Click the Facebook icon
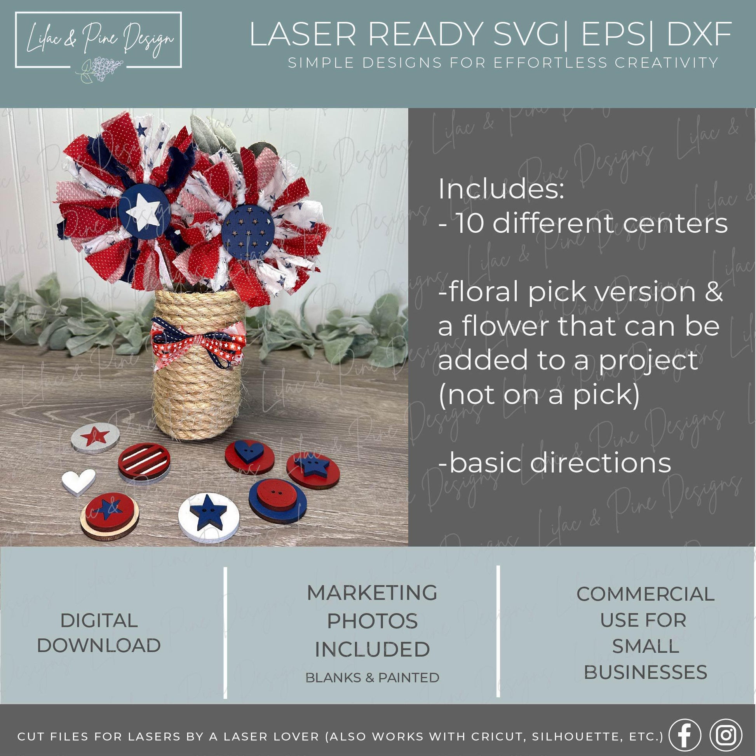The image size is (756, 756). pyautogui.click(x=685, y=735)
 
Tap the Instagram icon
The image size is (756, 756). pyautogui.click(x=726, y=735)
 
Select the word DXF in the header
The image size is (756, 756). pyautogui.click(x=699, y=35)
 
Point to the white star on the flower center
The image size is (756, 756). pyautogui.click(x=144, y=212)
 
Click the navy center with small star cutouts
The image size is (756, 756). pyautogui.click(x=248, y=232)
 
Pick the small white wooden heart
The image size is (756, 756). pyautogui.click(x=78, y=482)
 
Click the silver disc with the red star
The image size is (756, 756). pyautogui.click(x=96, y=437)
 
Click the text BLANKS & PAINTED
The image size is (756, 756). pyautogui.click(x=372, y=678)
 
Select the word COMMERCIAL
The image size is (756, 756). pyautogui.click(x=646, y=594)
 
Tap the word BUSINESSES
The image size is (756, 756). pyautogui.click(x=646, y=672)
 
